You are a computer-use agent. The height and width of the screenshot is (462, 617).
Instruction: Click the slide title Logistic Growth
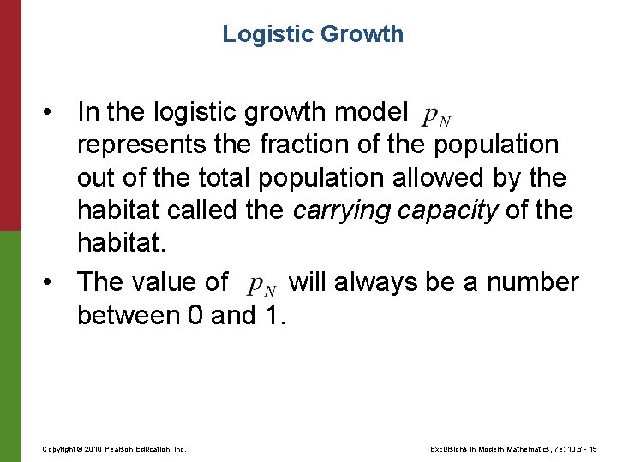click(313, 34)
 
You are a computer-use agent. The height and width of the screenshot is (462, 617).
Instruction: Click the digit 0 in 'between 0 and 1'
click(195, 316)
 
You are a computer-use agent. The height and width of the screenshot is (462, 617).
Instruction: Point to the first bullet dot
click(53, 111)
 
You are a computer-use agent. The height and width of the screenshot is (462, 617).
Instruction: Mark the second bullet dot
click(53, 281)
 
